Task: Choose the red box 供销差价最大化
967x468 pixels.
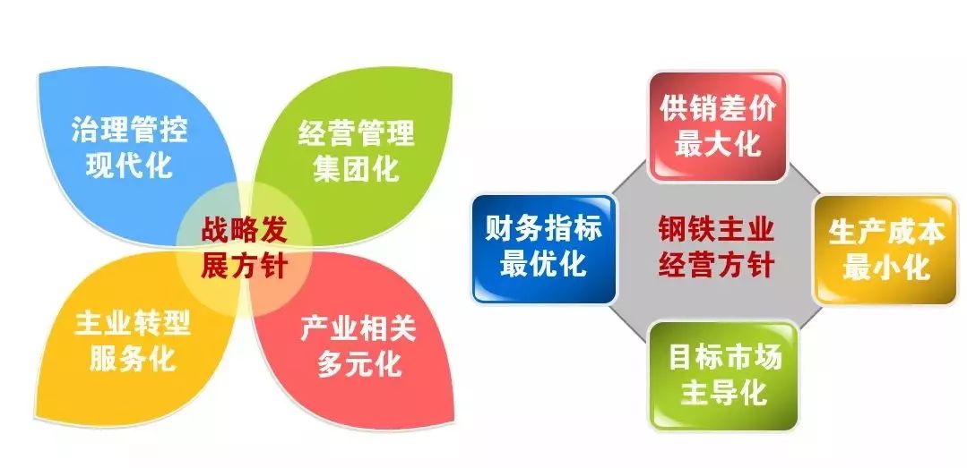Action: (x=717, y=126)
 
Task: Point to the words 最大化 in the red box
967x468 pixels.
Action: (x=717, y=144)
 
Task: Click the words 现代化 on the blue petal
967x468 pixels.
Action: (x=130, y=166)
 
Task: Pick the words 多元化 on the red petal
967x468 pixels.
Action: (x=359, y=365)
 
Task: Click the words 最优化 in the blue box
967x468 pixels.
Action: (x=544, y=264)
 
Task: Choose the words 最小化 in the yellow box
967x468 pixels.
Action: (x=886, y=268)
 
